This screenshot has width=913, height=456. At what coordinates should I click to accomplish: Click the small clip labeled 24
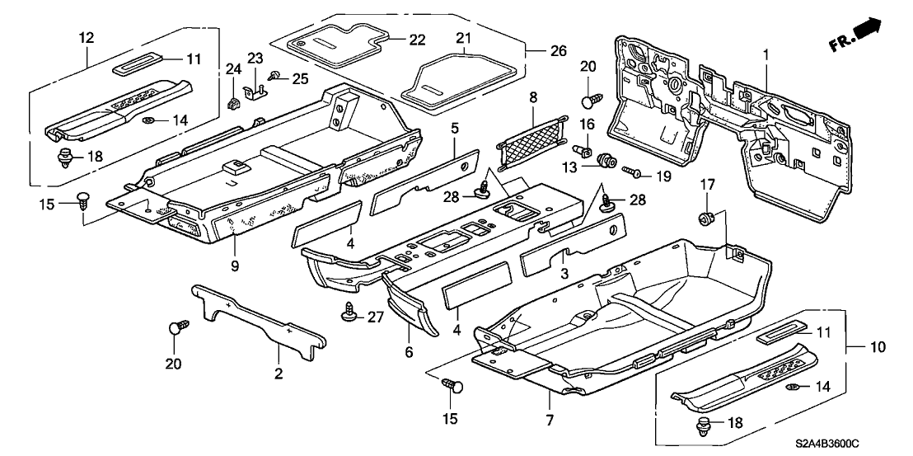tap(233, 105)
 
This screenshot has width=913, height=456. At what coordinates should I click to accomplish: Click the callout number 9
tap(234, 266)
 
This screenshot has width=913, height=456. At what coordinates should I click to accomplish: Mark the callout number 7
tap(548, 397)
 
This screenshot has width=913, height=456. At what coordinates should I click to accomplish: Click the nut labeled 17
tap(705, 219)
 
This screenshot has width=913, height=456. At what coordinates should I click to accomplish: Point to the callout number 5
tap(456, 129)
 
